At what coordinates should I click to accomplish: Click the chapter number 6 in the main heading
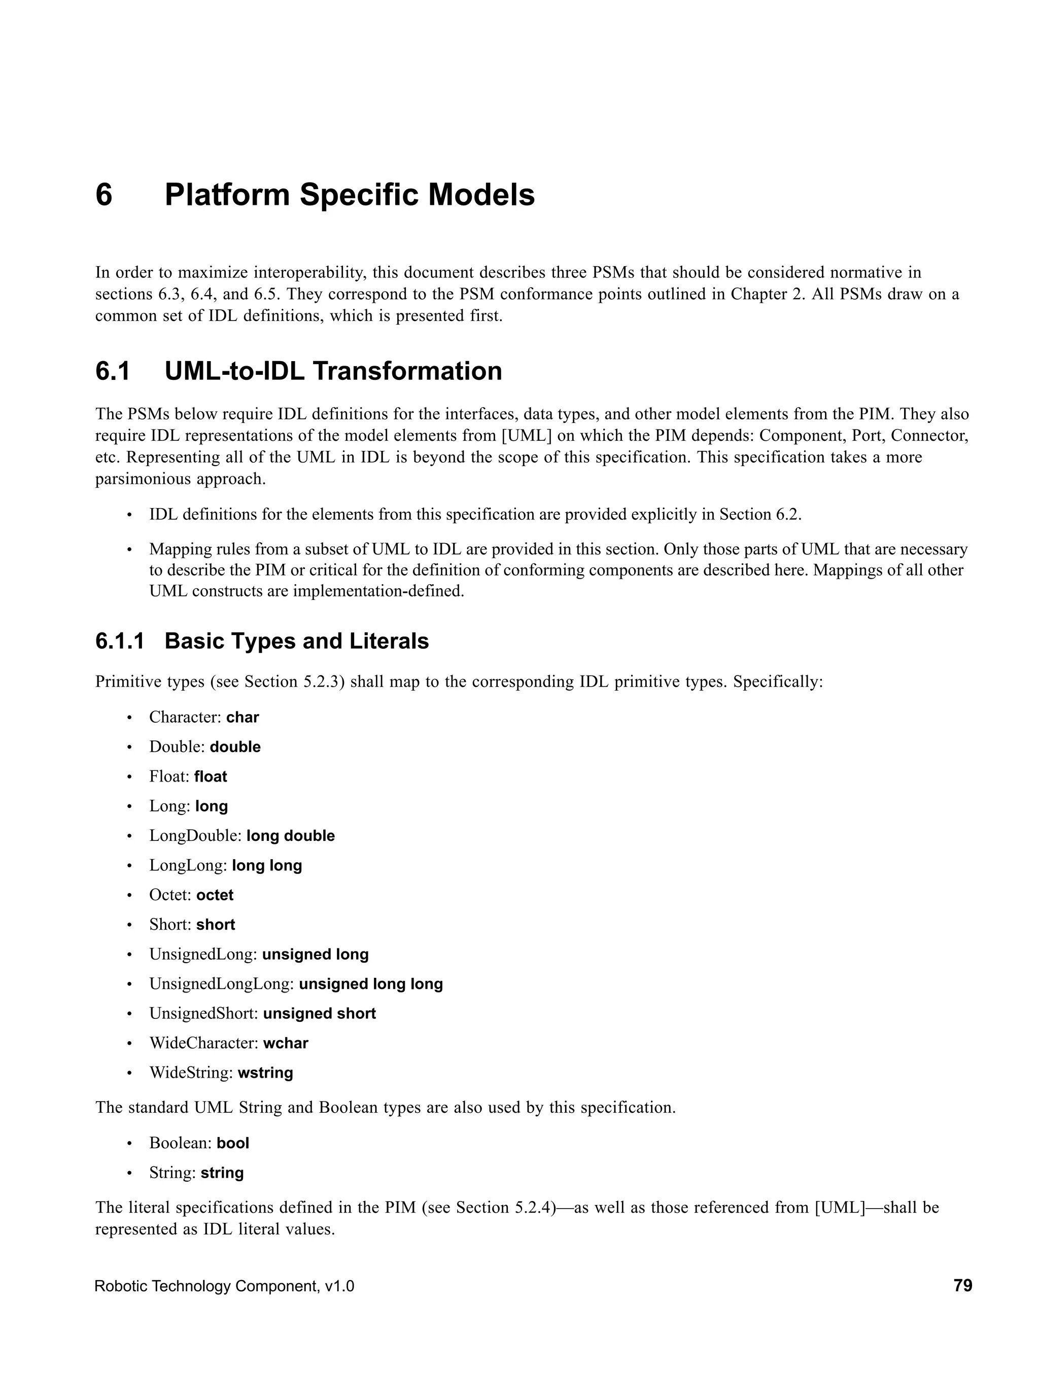[104, 195]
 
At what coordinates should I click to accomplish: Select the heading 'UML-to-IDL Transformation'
[333, 371]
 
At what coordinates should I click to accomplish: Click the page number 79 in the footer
[963, 1286]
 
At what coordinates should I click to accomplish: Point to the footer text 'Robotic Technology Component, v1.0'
[224, 1286]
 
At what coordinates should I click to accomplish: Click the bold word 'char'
[242, 718]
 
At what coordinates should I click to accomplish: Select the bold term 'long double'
[290, 836]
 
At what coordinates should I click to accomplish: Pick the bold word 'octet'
[215, 895]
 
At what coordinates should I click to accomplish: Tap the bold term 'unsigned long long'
[371, 984]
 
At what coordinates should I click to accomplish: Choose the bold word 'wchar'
[285, 1043]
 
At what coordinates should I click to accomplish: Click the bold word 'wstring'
[265, 1073]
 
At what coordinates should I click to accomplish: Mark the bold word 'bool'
[233, 1144]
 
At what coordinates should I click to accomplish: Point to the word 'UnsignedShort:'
[203, 1014]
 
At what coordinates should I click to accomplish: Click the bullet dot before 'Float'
[130, 777]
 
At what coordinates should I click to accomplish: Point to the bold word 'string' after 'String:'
[222, 1173]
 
